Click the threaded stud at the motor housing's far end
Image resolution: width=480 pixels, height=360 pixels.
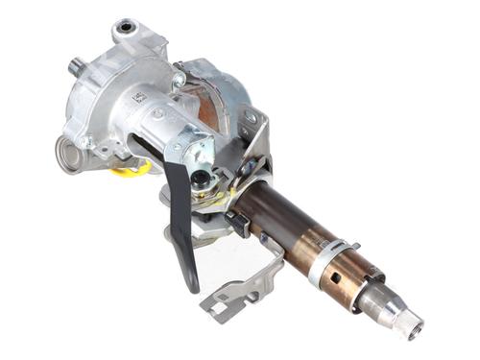[75, 68]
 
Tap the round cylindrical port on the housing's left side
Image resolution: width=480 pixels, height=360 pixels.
[65, 154]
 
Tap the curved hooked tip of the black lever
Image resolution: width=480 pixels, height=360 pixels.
[193, 282]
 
